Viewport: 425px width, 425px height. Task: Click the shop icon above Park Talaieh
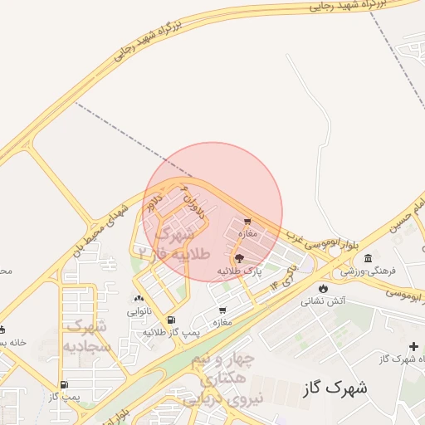click(247, 221)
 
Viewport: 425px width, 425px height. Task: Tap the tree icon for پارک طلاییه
click(240, 259)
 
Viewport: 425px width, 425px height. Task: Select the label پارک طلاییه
click(240, 271)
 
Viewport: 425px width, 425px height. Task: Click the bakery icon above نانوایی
click(138, 300)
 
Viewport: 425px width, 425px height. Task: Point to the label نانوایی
click(138, 313)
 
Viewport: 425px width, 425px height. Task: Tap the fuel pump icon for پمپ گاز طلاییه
click(171, 320)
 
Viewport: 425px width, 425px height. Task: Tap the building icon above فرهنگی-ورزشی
click(368, 259)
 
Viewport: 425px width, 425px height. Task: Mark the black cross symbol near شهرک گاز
click(413, 346)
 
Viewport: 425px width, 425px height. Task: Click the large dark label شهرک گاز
click(335, 388)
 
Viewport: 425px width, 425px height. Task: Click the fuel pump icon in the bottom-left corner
click(64, 384)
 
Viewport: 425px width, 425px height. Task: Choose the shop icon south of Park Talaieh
click(222, 310)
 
